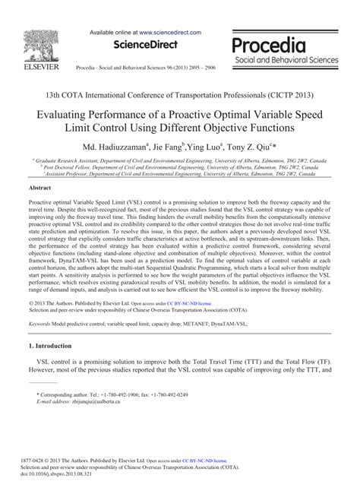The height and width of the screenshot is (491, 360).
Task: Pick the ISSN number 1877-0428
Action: coord(39,461)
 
